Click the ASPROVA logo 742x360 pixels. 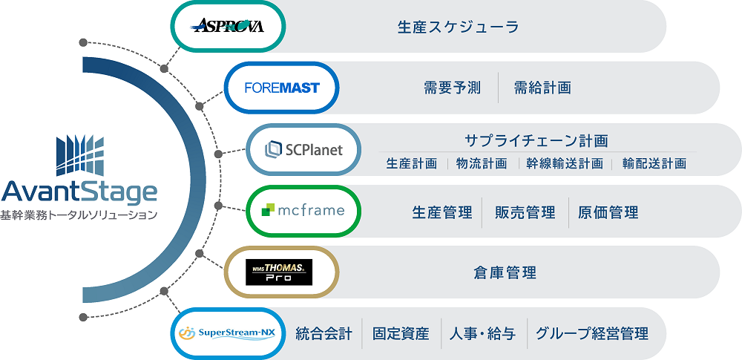pos(227,27)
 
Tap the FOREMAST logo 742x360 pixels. pos(282,88)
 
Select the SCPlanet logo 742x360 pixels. pos(303,150)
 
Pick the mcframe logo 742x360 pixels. pos(303,211)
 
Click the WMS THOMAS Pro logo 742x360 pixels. pos(280,272)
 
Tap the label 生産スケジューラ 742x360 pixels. pos(457,27)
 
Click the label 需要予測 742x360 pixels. pos(452,88)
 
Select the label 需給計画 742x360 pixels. pos(542,88)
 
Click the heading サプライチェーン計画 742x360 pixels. pos(536,140)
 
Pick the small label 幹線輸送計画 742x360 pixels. pos(564,163)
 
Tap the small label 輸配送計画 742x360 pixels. pos(654,163)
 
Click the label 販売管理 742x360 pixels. pos(525,212)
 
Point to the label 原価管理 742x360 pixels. pos(608,212)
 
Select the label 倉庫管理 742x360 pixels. pos(505,273)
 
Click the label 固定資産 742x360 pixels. pos(401,334)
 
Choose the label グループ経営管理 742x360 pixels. pos(591,334)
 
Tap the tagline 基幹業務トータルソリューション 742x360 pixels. pos(79,216)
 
